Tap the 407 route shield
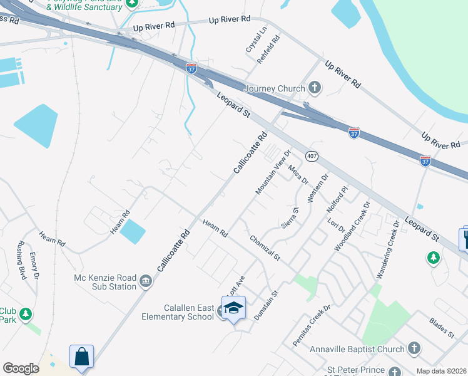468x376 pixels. point(312,155)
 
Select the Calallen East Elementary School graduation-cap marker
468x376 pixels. point(234,308)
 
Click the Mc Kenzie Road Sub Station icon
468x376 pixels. point(146,280)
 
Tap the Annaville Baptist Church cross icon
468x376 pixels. point(414,348)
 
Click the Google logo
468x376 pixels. point(21,368)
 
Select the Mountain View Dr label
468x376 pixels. point(273,171)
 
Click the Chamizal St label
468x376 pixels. point(265,248)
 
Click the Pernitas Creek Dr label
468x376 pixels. point(311,326)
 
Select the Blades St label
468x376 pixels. point(441,328)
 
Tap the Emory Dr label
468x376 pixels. point(34,265)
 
